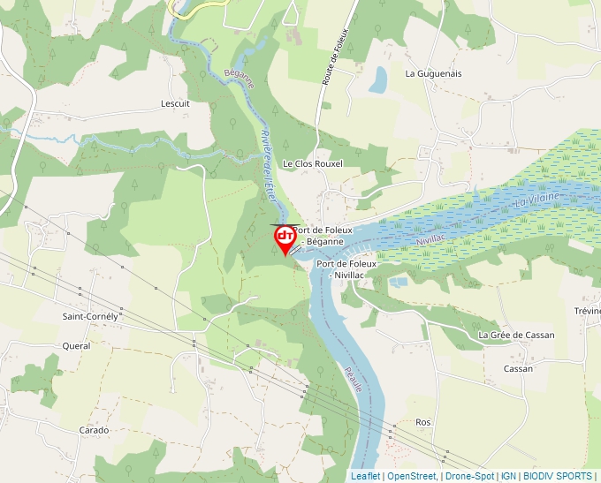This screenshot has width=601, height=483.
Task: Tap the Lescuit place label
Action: click(175, 103)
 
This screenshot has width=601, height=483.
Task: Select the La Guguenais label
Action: click(433, 73)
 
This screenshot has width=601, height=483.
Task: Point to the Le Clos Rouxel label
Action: click(312, 163)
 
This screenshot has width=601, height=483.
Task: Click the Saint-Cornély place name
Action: click(91, 315)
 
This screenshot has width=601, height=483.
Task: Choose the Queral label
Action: click(76, 346)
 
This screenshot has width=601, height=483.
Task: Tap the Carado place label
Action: click(94, 430)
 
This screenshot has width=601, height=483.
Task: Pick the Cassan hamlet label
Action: click(518, 368)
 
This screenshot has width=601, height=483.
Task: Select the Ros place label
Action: click(422, 422)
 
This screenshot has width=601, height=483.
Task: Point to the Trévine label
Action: click(587, 311)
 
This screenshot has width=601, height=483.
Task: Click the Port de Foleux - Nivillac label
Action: click(346, 269)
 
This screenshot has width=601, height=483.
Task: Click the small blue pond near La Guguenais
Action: click(378, 79)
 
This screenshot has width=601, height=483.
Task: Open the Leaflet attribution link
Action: click(365, 476)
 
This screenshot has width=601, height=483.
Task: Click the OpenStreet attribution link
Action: click(412, 476)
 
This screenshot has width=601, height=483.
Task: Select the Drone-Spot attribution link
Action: click(469, 476)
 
